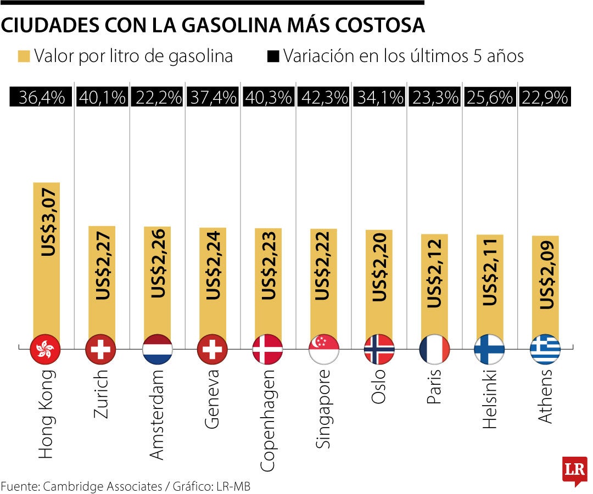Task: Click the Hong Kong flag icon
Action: click(46, 349)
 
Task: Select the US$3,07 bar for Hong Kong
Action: click(46, 258)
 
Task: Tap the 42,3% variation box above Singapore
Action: click(323, 98)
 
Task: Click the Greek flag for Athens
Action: click(545, 349)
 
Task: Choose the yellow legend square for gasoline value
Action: click(23, 57)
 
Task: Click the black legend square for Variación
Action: click(273, 57)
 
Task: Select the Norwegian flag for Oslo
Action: click(379, 349)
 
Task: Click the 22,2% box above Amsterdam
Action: click(157, 98)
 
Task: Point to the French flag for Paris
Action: click(434, 349)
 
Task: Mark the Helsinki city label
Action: click(489, 401)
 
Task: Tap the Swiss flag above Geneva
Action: click(212, 349)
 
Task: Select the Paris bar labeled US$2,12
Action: click(434, 285)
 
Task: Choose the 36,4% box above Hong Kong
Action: click(42, 98)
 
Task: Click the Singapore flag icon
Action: click(323, 349)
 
